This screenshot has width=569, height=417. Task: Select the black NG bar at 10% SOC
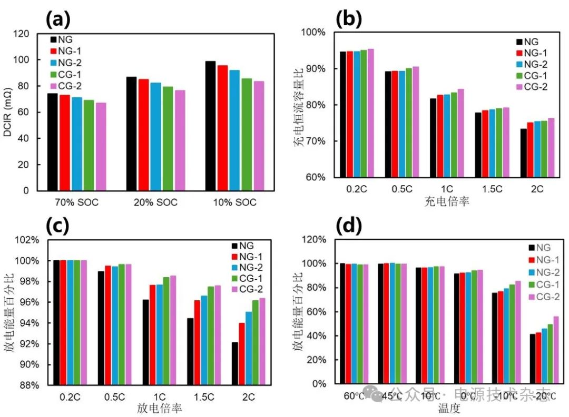click(210, 126)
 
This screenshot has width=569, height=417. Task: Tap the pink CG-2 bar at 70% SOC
click(101, 147)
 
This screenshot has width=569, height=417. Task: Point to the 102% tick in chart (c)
click(28, 240)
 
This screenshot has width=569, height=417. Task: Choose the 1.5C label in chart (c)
click(202, 398)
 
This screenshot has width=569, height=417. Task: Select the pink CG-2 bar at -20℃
click(556, 350)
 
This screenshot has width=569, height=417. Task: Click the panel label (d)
click(349, 227)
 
